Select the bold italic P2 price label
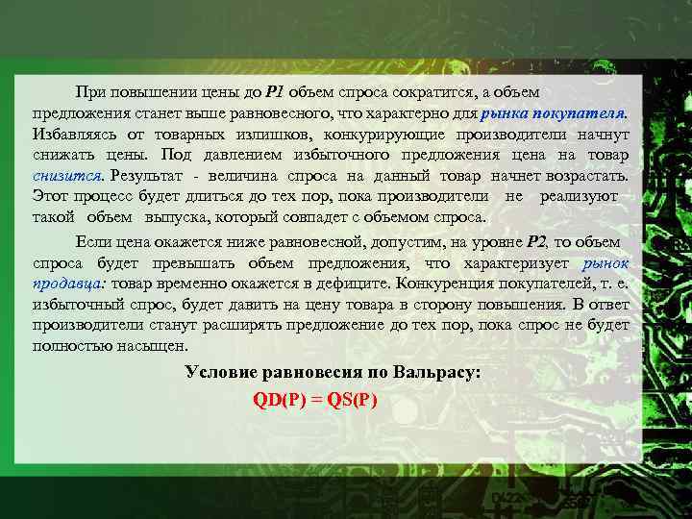(x=538, y=241)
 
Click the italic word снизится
(x=68, y=175)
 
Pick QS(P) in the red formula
(x=352, y=400)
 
